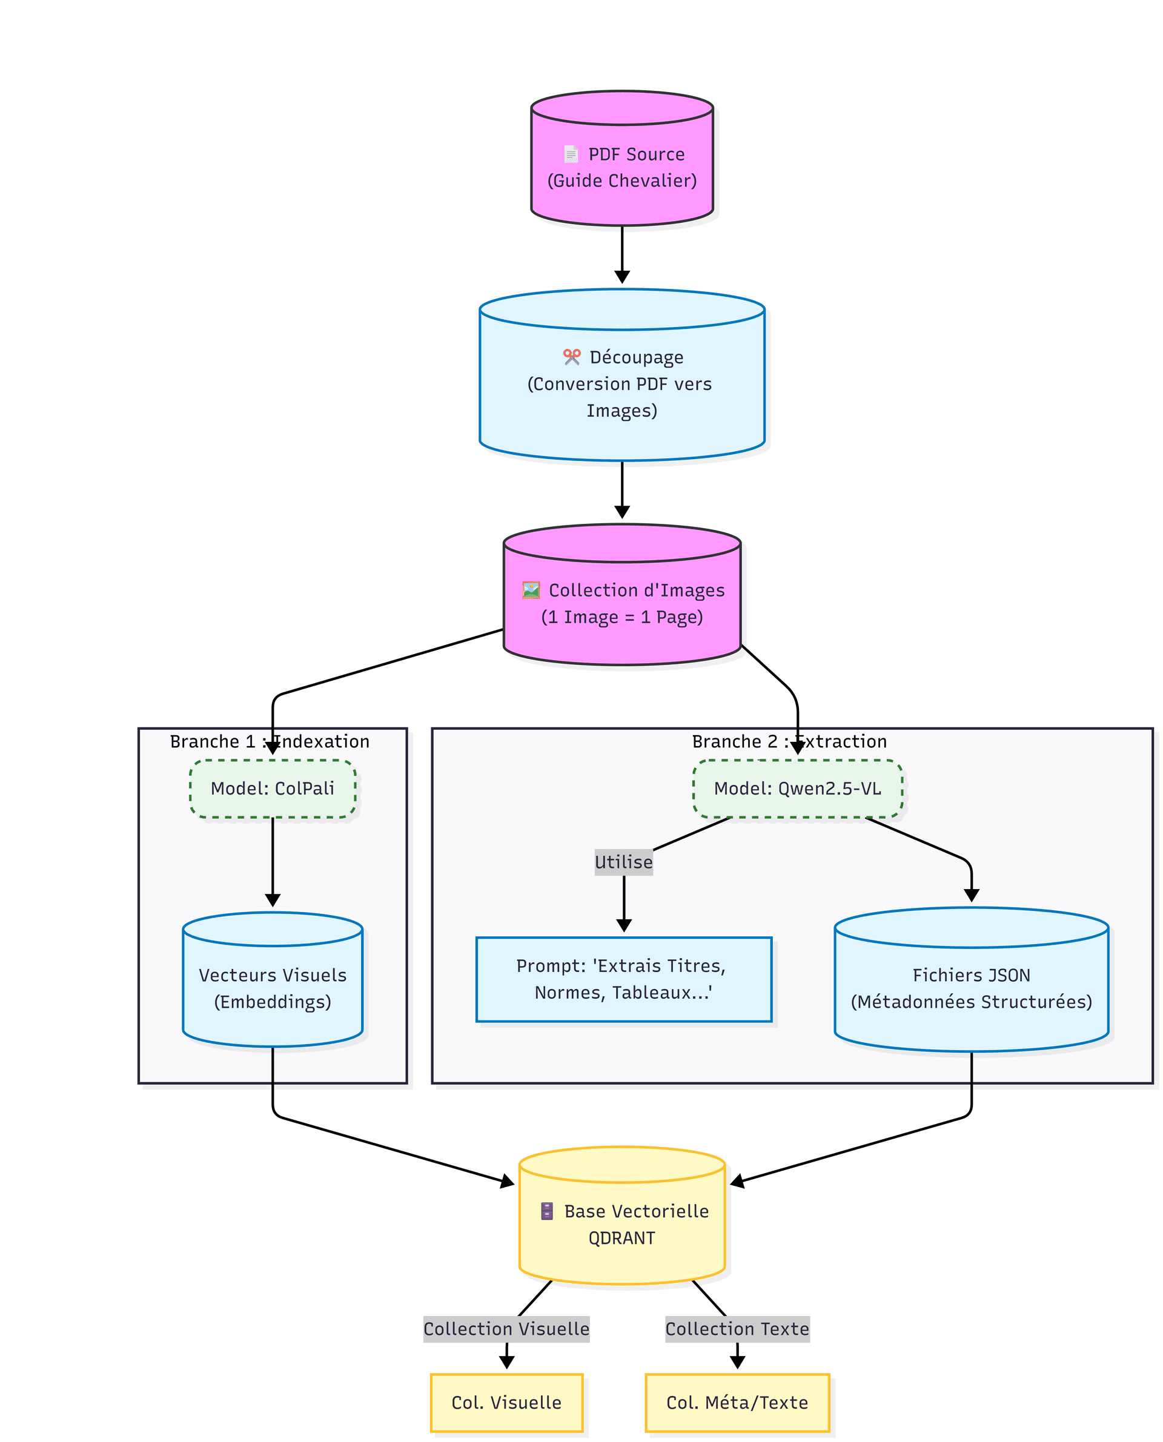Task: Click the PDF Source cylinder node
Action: pos(621,158)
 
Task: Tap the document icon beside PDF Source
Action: pos(571,154)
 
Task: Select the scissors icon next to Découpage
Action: pos(571,357)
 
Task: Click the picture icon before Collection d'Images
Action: pos(531,590)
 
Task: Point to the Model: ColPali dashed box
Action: pos(273,789)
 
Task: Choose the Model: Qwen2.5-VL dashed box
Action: pos(797,789)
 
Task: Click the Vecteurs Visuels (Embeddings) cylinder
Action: pos(273,979)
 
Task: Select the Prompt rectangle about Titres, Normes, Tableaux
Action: pos(624,979)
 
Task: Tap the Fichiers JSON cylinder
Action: pos(972,979)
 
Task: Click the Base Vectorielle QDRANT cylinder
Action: pos(621,1215)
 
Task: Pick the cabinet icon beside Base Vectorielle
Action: pos(546,1211)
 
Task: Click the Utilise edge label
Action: pos(624,862)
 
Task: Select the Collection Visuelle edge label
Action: pos(506,1329)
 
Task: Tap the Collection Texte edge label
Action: pos(737,1329)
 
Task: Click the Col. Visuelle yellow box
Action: pos(506,1403)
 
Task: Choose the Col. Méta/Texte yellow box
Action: pos(737,1403)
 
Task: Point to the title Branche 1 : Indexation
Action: pos(270,741)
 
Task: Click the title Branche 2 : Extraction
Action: pos(789,741)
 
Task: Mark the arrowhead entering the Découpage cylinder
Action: pos(621,277)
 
